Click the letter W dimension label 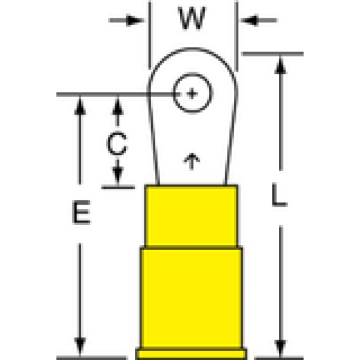point(192,18)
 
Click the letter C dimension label point(117,143)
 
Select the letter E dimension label point(82,212)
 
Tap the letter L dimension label point(279,195)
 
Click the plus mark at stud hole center point(192,93)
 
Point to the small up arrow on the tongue point(192,162)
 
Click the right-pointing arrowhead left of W point(135,20)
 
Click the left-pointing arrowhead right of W point(249,20)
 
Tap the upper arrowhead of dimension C point(118,106)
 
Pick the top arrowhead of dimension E point(80,106)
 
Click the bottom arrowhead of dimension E point(80,346)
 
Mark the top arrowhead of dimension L point(280,66)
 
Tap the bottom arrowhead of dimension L point(280,348)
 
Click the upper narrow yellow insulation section point(192,216)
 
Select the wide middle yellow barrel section point(191,298)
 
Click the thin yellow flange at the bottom point(191,354)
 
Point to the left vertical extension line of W point(150,35)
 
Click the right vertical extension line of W point(236,36)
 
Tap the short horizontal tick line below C point(118,188)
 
